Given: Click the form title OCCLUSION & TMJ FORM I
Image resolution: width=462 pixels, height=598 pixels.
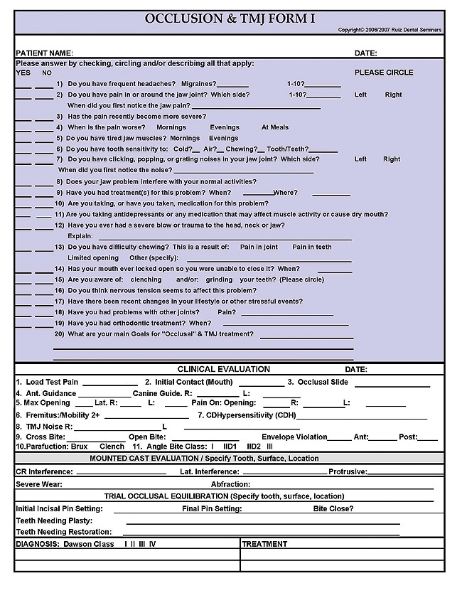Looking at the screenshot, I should point(230,18).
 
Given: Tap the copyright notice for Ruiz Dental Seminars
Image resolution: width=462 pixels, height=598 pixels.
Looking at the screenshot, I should point(390,30).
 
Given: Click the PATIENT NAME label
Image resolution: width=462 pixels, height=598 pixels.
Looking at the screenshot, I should point(44,53).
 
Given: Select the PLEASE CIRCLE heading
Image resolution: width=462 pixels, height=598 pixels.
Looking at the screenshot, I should point(384,73).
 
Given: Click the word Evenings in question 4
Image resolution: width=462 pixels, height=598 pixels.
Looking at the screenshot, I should point(224,127).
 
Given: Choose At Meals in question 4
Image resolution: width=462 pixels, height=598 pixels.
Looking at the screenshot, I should point(275,127).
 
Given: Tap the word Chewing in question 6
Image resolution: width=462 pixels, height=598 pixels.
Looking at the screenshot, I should point(240,149).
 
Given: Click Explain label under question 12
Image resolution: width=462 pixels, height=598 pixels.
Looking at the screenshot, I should point(80,235).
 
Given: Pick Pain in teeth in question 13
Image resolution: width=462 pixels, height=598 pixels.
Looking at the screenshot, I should point(312,247).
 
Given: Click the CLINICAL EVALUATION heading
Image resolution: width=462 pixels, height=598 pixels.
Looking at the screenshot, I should point(223,370).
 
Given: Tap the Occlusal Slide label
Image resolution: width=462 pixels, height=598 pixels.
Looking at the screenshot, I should point(323,382).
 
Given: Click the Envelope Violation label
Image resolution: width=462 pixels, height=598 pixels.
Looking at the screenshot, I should point(294,437).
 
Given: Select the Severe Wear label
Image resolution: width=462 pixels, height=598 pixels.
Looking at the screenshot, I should point(38,484).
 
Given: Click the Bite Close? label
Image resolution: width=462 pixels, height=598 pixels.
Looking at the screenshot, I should point(333,508).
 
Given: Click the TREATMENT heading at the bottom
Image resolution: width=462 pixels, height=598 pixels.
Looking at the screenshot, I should point(265,544).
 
